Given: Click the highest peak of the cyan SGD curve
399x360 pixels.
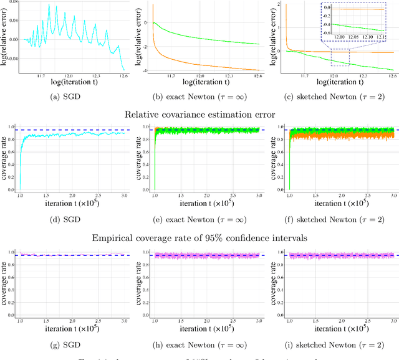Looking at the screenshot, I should [x=49, y=6].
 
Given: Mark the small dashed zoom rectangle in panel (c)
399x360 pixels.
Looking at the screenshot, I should [x=339, y=59].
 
